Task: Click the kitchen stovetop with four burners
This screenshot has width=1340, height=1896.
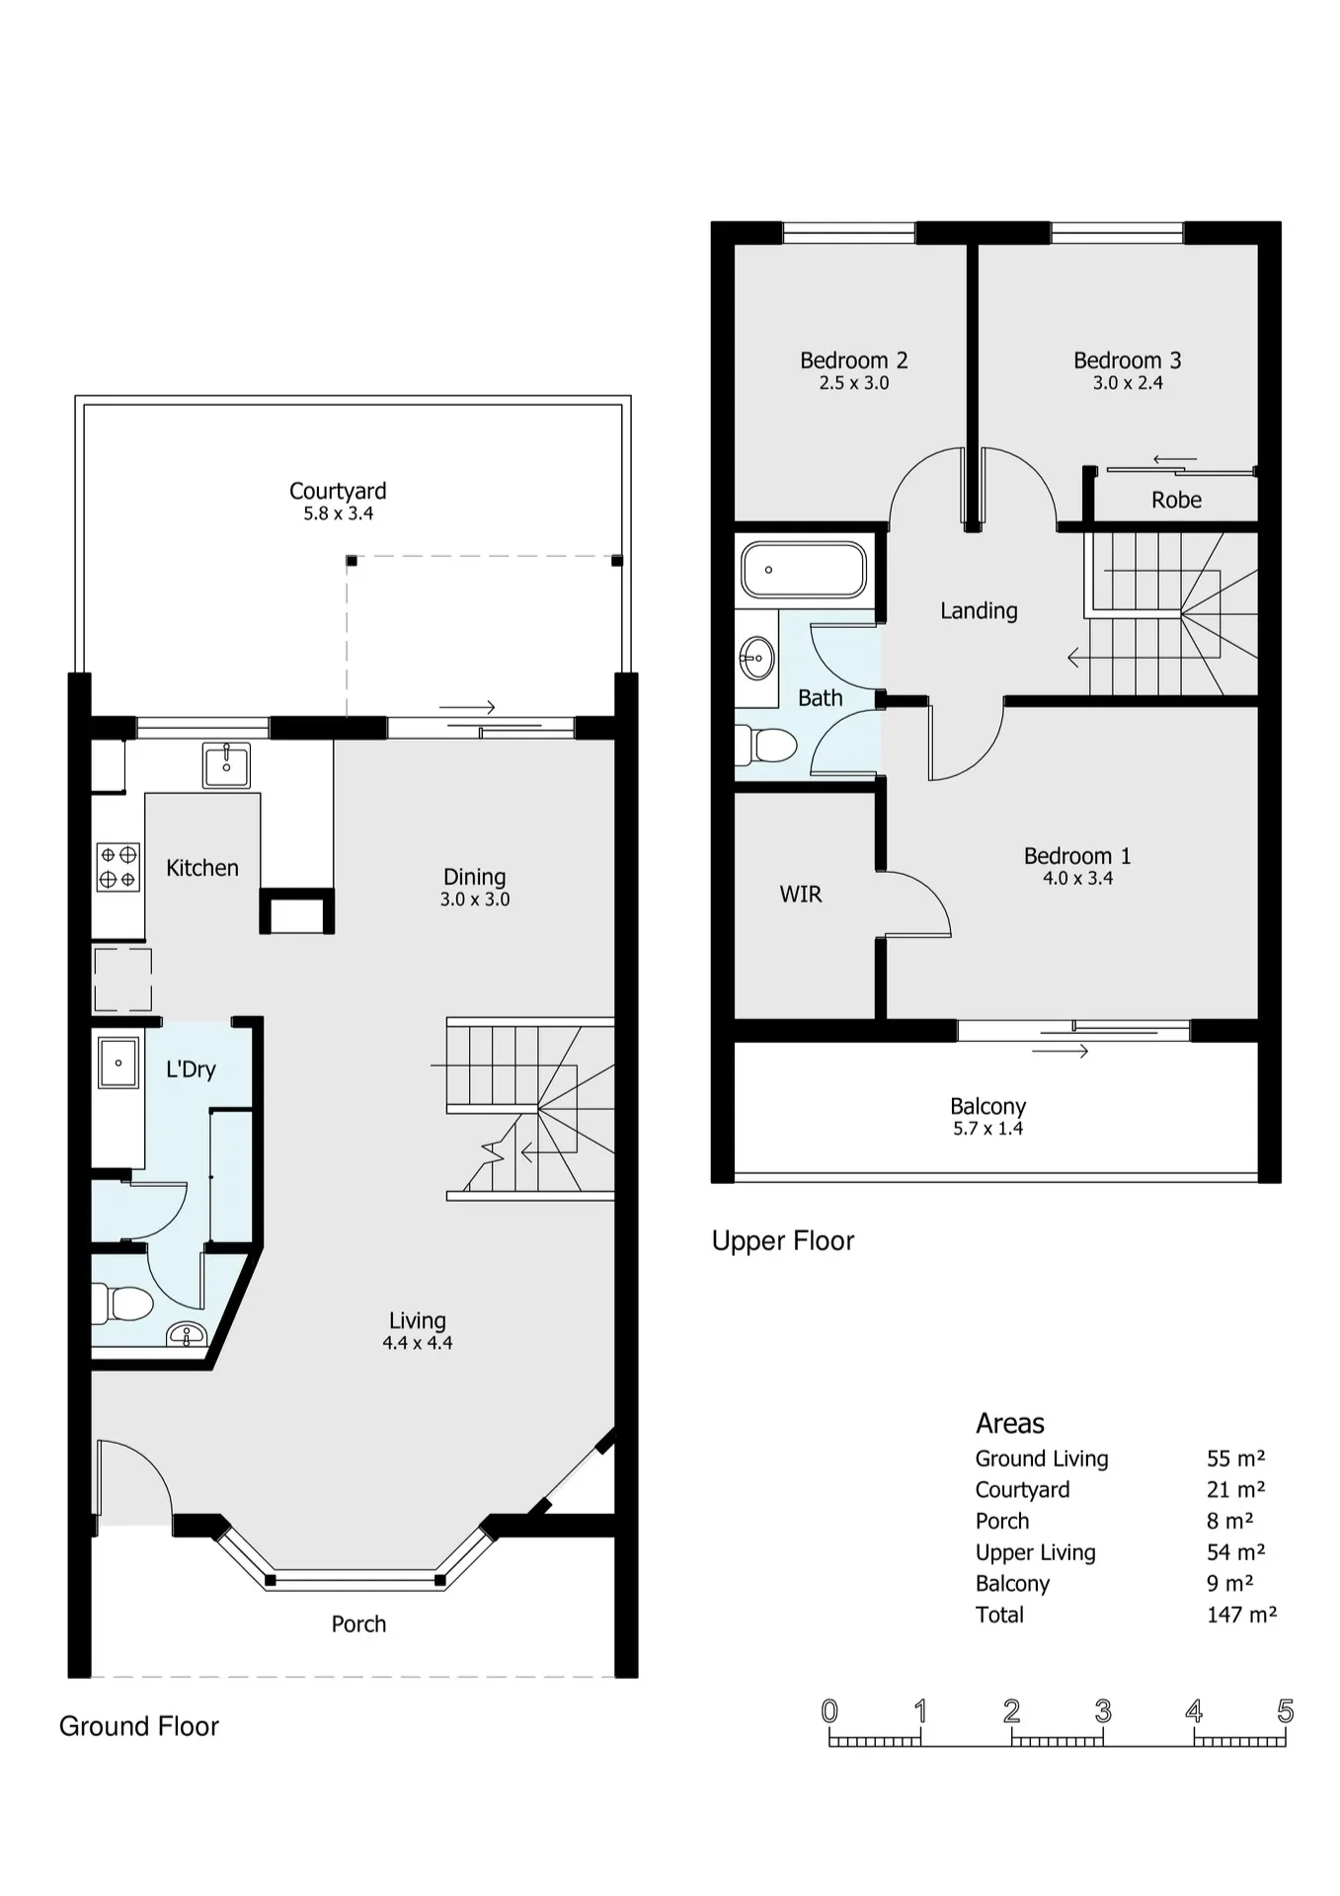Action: [x=118, y=867]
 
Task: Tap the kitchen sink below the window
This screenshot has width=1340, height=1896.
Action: [x=226, y=765]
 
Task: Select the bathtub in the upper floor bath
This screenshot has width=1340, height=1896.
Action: [x=804, y=569]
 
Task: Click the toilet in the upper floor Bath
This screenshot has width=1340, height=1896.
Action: [x=767, y=746]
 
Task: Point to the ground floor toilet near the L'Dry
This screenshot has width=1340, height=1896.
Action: [x=122, y=1303]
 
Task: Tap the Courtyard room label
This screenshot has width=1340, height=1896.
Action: [x=338, y=491]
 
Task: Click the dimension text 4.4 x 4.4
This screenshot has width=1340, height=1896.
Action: [x=418, y=1343]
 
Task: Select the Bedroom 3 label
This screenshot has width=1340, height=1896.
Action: [x=1128, y=360]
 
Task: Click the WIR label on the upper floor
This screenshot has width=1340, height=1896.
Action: [x=801, y=894]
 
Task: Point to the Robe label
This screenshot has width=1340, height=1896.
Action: [x=1176, y=500]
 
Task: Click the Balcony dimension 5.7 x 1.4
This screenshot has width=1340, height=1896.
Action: [x=987, y=1129]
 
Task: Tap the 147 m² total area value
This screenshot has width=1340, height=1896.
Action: [x=1241, y=1615]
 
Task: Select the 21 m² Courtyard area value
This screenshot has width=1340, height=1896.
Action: [x=1235, y=1489]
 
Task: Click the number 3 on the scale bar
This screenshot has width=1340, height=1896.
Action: [x=1103, y=1710]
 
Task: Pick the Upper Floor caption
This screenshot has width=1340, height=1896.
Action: [x=783, y=1240]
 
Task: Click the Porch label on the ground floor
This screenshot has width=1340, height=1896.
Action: [x=358, y=1623]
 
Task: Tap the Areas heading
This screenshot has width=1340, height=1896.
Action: [x=1009, y=1423]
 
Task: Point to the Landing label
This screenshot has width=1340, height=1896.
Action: [x=979, y=611]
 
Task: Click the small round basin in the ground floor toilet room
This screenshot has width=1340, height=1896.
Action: [x=187, y=1334]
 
